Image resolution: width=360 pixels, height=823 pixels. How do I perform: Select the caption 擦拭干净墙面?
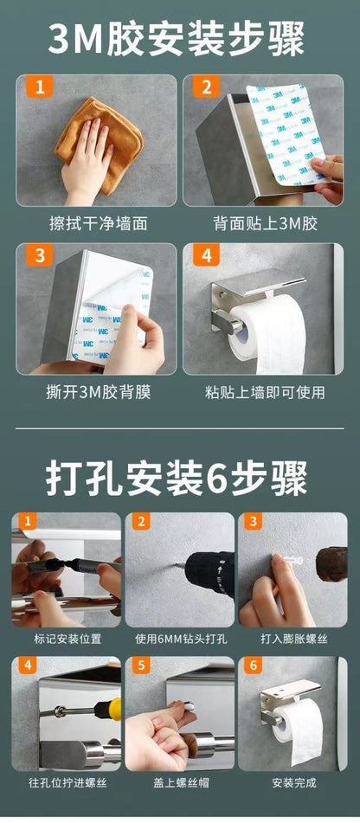tap(98, 223)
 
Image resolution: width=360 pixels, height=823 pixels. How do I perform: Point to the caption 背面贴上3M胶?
tap(266, 223)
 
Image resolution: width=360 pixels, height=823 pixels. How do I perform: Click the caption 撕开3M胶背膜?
tap(98, 392)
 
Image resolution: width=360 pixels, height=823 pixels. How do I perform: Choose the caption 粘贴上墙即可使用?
tap(266, 392)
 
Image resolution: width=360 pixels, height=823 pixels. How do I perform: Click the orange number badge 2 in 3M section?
tap(206, 87)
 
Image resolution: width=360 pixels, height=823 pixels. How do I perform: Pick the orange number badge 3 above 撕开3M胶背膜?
tap(39, 256)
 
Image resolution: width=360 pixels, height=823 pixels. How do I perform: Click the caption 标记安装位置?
tap(67, 639)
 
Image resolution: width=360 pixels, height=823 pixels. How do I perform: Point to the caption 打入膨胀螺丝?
tap(292, 639)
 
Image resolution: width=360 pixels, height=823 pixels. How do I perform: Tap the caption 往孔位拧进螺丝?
tap(67, 782)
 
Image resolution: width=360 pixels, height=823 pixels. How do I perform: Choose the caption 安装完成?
tap(292, 782)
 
